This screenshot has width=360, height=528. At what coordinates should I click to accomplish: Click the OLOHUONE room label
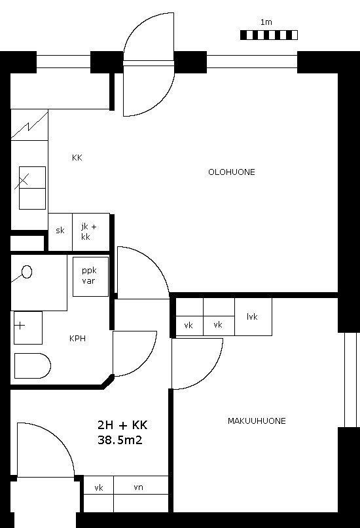click(x=232, y=172)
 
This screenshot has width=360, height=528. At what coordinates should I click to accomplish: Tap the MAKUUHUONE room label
click(x=257, y=421)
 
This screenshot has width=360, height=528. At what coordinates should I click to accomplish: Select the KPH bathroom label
click(x=77, y=339)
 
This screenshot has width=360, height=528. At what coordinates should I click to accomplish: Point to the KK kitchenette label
click(x=77, y=158)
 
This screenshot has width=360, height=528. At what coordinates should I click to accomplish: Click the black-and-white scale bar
click(x=269, y=35)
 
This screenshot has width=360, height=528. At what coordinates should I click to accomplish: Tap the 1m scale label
click(x=266, y=22)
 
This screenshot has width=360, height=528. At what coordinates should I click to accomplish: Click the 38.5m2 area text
click(x=120, y=440)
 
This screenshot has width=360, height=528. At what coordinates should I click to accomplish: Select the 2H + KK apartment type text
click(x=122, y=425)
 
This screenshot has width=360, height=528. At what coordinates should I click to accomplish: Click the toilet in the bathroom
click(x=32, y=366)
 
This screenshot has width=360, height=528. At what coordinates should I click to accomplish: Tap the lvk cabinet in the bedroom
click(x=253, y=316)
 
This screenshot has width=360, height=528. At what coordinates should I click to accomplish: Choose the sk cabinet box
click(x=60, y=232)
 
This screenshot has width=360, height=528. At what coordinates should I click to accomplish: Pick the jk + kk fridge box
click(x=91, y=232)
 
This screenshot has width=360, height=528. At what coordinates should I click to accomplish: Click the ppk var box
click(x=90, y=277)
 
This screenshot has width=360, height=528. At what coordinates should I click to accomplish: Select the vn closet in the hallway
click(x=141, y=494)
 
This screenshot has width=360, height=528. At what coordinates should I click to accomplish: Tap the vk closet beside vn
click(x=99, y=494)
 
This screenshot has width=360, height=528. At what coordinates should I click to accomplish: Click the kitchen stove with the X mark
click(x=32, y=188)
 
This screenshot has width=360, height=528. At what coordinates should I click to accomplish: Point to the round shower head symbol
click(x=27, y=272)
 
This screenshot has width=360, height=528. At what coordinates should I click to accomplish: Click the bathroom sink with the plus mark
click(x=28, y=328)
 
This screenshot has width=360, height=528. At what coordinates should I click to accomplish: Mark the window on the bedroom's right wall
click(x=350, y=380)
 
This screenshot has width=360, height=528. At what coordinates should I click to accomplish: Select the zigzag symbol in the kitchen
click(x=29, y=124)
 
